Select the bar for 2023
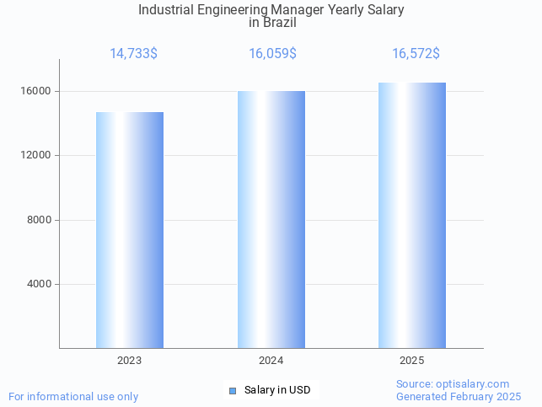click(x=130, y=230)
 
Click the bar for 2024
click(x=271, y=219)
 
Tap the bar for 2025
click(x=412, y=215)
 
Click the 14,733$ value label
click(x=133, y=54)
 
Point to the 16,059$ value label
click(x=272, y=54)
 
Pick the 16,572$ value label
click(x=416, y=54)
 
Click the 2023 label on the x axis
click(x=130, y=361)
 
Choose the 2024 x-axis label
click(x=271, y=361)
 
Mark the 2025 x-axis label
click(x=412, y=361)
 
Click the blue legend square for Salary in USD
click(x=233, y=390)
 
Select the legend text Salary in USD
click(x=277, y=390)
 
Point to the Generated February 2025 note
click(x=459, y=397)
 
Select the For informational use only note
click(x=73, y=397)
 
